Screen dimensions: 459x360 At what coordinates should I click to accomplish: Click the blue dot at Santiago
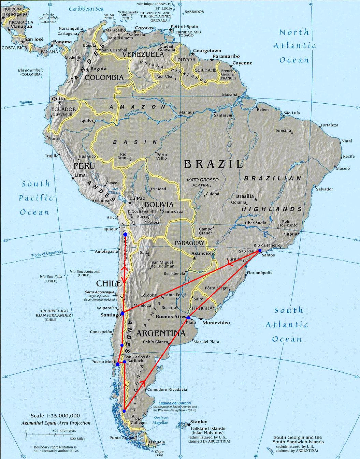[x=122, y=313]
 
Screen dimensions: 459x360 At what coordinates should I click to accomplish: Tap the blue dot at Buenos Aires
[x=188, y=318]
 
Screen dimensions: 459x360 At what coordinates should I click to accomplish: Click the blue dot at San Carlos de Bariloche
[x=125, y=361]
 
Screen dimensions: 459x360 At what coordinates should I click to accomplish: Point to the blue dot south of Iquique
[x=125, y=235]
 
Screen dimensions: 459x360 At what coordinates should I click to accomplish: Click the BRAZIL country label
[x=213, y=164]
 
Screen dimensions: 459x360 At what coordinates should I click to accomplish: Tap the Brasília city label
[x=245, y=196]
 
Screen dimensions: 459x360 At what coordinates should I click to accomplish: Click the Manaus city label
[x=187, y=112]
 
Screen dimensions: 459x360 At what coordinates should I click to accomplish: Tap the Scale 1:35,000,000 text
[x=55, y=416]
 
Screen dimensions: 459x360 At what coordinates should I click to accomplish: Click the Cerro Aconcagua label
[x=99, y=293]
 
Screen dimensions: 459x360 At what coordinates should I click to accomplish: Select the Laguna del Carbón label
[x=174, y=403]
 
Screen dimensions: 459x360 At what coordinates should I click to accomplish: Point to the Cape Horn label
[x=159, y=453]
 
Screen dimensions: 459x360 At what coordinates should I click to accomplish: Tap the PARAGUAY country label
[x=189, y=243]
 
